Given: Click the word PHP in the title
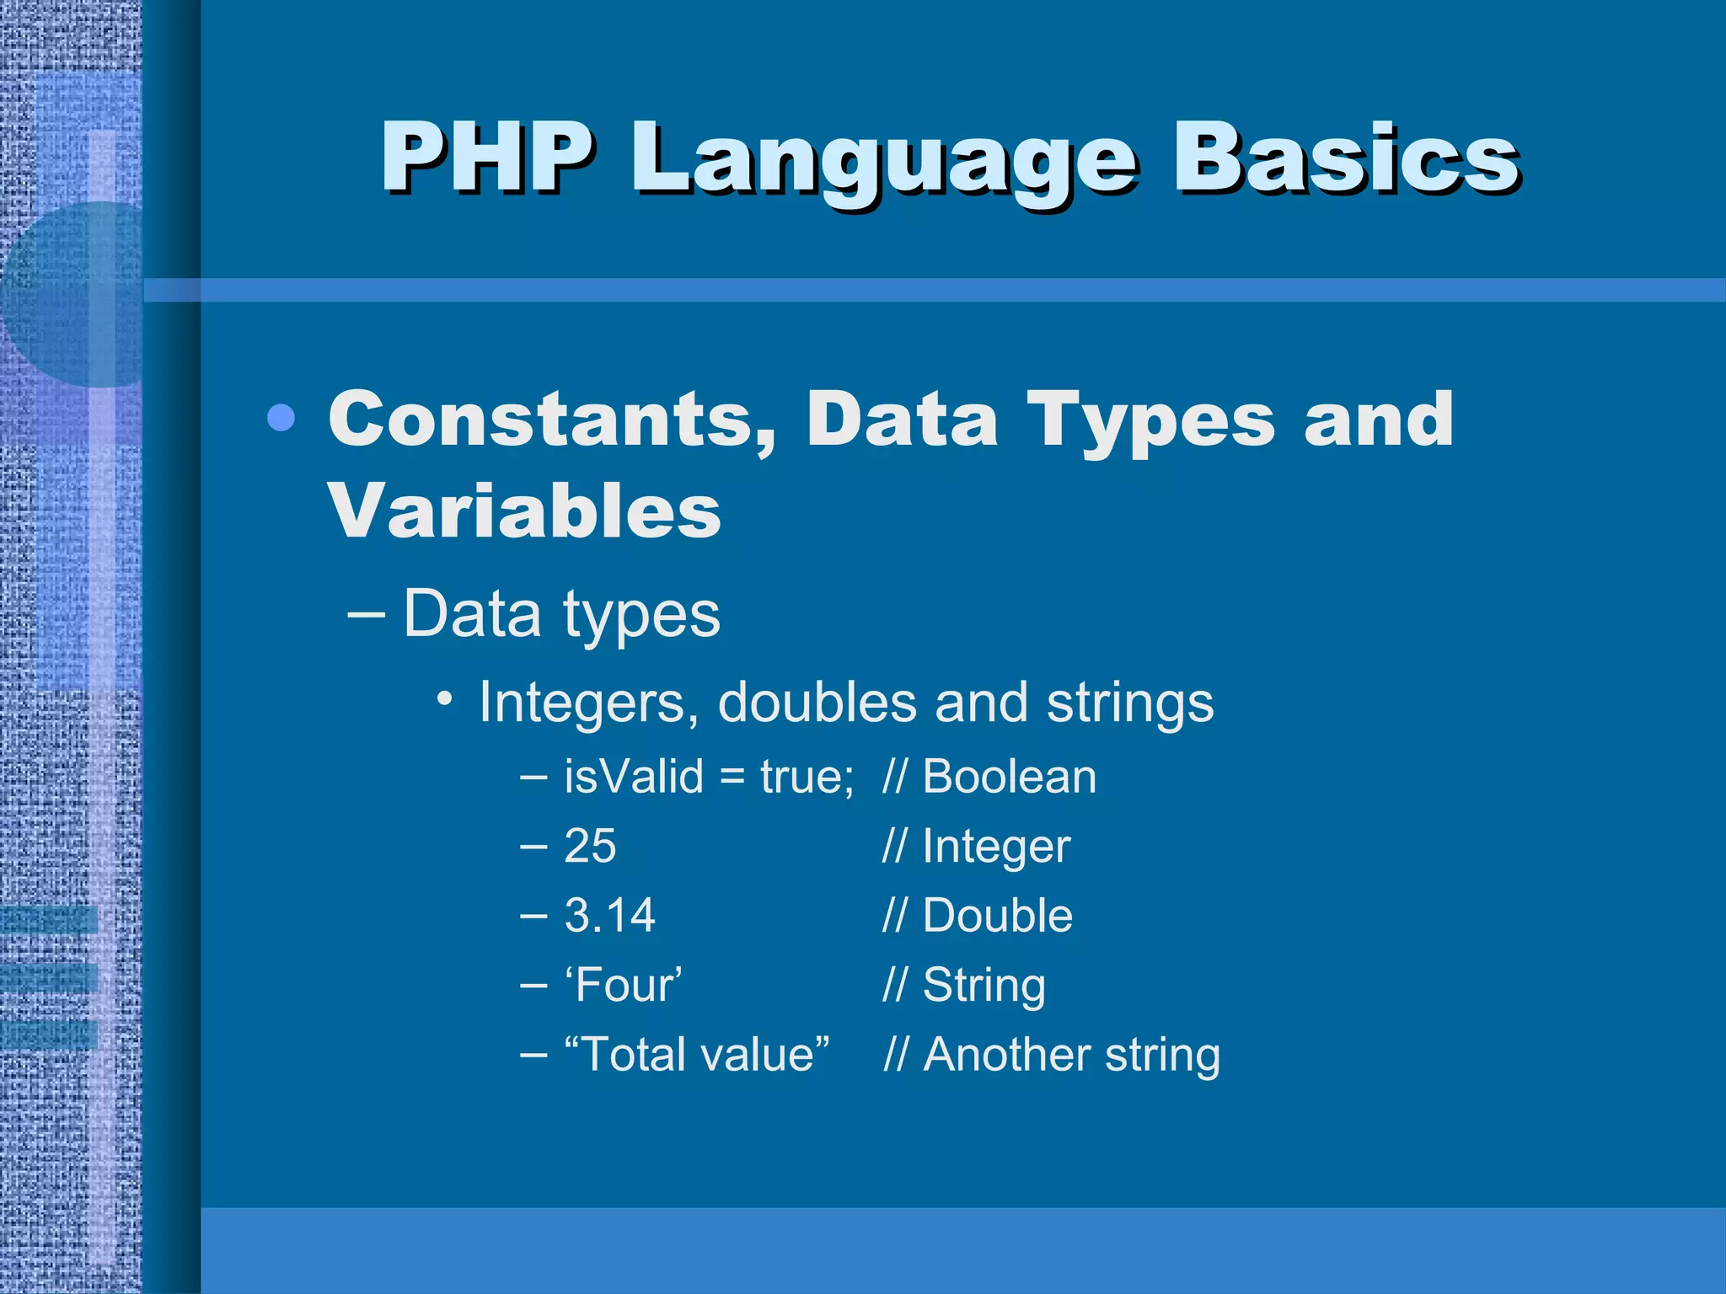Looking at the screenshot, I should [x=487, y=158].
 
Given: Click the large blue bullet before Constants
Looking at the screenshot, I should [x=281, y=418].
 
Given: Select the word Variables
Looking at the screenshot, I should [x=524, y=511].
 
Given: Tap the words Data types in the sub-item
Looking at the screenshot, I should [x=561, y=614].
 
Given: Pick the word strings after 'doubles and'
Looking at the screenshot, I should [x=1129, y=703].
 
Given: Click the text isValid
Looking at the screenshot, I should [x=633, y=776].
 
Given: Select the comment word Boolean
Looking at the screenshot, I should [x=1009, y=776].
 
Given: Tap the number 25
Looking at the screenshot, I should [x=590, y=846].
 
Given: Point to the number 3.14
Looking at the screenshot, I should [x=609, y=916].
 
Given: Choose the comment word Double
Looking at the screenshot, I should [x=997, y=916].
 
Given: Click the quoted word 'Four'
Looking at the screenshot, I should [x=623, y=985].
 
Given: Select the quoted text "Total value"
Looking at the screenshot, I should [x=697, y=1055].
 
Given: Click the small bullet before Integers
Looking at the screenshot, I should [x=446, y=698].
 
